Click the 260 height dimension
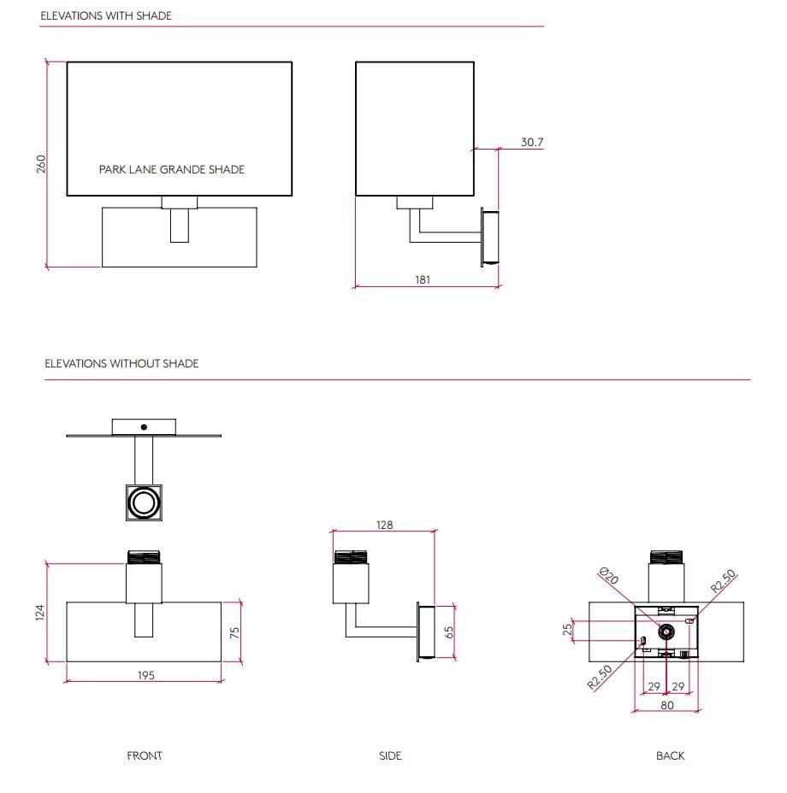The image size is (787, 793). tap(40, 163)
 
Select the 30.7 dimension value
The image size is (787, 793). tap(532, 142)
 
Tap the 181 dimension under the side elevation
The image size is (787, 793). tap(423, 279)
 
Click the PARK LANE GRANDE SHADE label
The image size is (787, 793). tap(171, 169)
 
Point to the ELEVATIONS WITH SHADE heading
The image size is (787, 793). tap(106, 15)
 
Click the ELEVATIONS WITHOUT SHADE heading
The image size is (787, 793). tap(121, 363)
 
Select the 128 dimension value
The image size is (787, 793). tap(385, 525)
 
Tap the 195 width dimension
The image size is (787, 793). tap(145, 675)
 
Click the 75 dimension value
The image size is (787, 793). tap(234, 631)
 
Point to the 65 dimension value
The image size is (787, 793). tap(448, 631)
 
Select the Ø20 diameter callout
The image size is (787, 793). tap(609, 576)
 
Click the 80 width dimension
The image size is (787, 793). tap(667, 705)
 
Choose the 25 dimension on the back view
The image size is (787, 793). tap(565, 630)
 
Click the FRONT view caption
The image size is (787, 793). tap(145, 755)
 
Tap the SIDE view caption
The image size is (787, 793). tap(390, 755)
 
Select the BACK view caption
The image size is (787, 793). tap(671, 755)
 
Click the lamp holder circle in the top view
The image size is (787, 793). tap(144, 502)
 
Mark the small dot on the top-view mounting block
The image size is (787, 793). tap(144, 426)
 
